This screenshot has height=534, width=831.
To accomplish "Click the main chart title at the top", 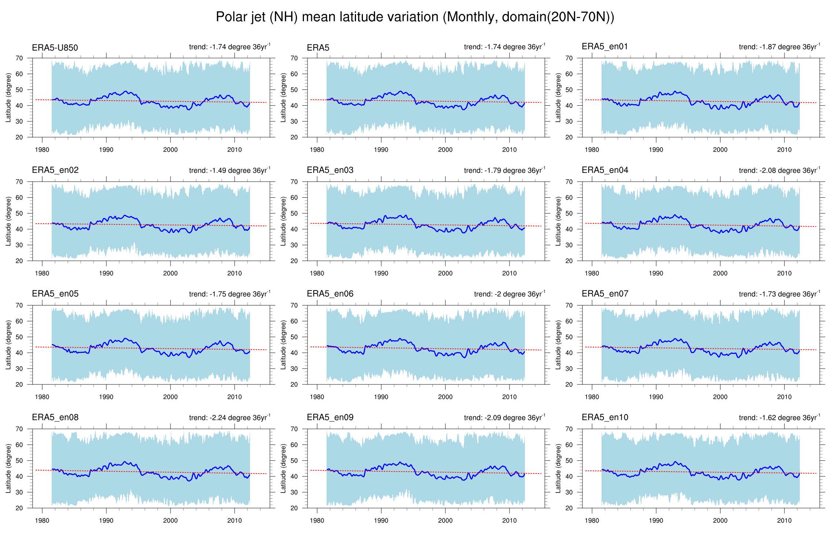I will tap(415, 17).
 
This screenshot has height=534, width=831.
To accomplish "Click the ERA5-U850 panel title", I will tap(55, 48).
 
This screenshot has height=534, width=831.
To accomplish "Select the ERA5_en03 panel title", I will tap(330, 170).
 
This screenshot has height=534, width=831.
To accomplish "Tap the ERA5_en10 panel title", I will tap(605, 417).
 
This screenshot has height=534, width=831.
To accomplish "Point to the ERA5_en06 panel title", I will tap(330, 294).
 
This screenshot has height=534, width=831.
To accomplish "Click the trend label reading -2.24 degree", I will tap(229, 418).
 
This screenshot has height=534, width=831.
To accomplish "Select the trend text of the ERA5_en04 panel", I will tap(779, 171).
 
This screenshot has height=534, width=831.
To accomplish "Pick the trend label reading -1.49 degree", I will tap(229, 171).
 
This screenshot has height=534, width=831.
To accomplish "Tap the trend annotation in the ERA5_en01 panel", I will tap(779, 47).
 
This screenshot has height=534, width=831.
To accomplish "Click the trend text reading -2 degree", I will tap(510, 294).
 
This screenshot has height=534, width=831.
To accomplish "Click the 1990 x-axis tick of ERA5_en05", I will tap(106, 397).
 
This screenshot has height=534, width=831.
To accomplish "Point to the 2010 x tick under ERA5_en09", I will tap(510, 520).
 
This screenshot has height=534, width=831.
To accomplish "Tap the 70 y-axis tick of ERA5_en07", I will tap(569, 305).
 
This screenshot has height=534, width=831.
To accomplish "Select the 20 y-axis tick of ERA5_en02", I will tap(19, 261).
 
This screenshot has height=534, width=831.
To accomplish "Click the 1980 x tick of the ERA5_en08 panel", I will tap(42, 520).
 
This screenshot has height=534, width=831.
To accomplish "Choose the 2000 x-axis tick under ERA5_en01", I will tap(720, 150).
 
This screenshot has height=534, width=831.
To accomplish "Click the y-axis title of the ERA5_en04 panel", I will tap(558, 221).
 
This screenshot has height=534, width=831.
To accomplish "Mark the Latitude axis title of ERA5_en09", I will tap(283, 468).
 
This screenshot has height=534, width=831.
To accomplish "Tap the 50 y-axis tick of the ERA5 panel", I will tap(294, 90).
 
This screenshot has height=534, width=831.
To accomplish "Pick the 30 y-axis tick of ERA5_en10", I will tap(569, 492).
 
